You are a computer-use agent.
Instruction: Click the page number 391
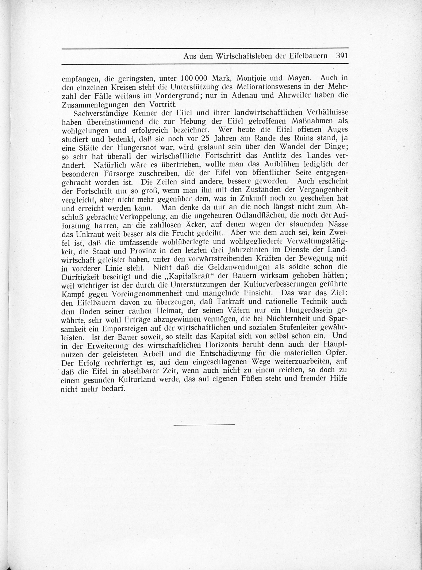(x=342, y=56)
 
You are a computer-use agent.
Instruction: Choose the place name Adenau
(x=246, y=95)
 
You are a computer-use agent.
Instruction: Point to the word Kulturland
(x=137, y=379)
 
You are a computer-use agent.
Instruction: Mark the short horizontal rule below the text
(x=204, y=424)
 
